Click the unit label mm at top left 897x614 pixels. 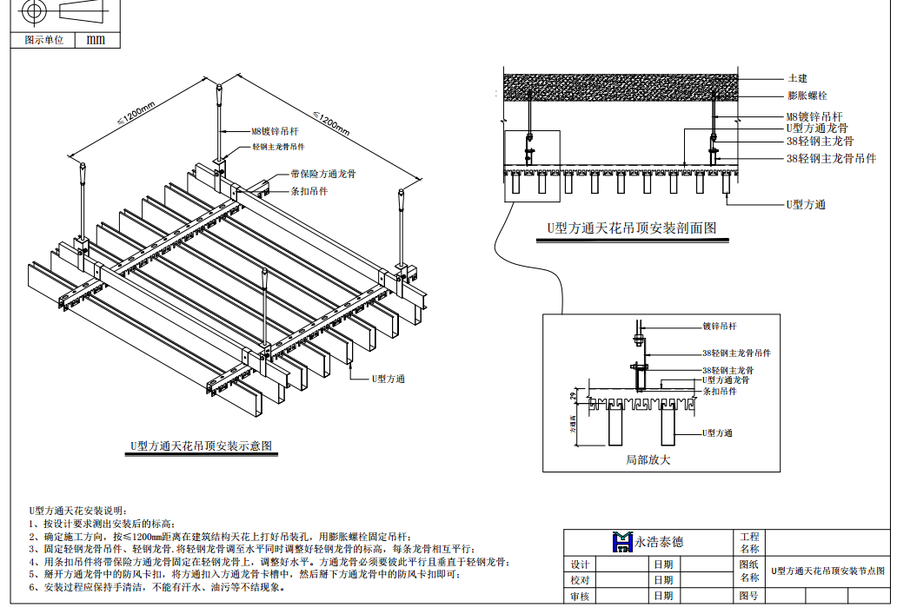(96, 40)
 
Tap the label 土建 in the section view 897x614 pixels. (797, 78)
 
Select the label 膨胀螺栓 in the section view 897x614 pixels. (807, 96)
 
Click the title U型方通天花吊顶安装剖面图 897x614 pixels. (632, 228)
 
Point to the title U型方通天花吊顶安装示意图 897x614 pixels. (202, 446)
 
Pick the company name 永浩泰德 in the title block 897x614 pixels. (658, 541)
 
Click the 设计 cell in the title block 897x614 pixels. (580, 564)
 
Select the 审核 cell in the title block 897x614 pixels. (580, 596)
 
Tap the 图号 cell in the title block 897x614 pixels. (747, 596)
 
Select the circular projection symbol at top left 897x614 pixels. (35, 11)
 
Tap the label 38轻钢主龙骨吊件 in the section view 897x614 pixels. (831, 158)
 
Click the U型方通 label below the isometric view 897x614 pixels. (389, 379)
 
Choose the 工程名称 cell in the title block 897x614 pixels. (748, 542)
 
